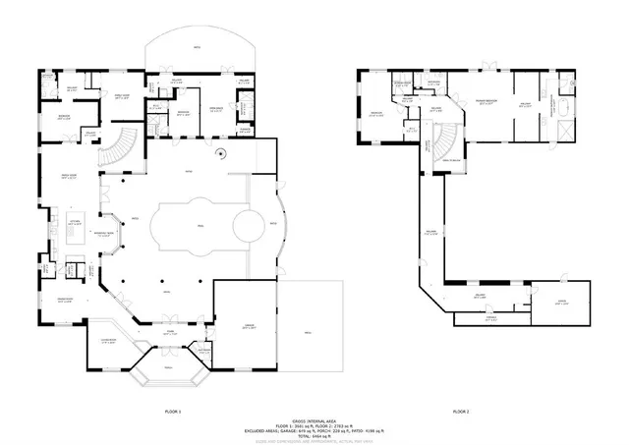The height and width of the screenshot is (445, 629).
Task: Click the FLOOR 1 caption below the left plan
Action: coord(173,411)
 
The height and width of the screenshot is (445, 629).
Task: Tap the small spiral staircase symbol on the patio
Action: coord(222,152)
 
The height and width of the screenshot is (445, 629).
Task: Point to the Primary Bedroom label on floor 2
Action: coord(486,101)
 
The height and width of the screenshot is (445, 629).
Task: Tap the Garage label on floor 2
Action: coord(561,303)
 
